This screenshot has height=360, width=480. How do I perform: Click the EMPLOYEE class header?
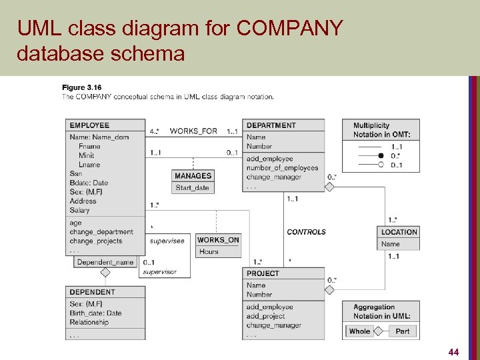pos(89,125)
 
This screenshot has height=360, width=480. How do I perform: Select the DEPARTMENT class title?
pos(271,125)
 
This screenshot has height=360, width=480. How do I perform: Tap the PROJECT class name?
pos(263,273)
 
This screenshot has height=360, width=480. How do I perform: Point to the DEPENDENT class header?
pos(92,292)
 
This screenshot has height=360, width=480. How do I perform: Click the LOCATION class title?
pos(399,232)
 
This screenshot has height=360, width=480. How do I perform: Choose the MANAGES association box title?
pos(193,176)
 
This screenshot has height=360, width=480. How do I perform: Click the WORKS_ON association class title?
pos(218,240)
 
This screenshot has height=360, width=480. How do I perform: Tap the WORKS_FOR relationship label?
pos(193,131)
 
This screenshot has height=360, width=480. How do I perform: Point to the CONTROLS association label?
pos(306,232)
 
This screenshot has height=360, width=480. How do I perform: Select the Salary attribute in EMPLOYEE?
pos(79,211)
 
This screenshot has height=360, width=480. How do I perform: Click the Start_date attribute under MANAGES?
pos(193,188)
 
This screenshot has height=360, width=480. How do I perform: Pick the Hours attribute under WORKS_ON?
pos(209,252)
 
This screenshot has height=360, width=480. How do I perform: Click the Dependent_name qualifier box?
pos(105,262)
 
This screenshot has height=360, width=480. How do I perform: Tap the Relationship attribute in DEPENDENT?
pos(89,323)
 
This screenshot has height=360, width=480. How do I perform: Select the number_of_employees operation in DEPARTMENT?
pos(282,168)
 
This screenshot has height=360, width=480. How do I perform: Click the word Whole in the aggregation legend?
pos(359,331)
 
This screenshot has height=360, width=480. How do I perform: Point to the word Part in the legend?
pos(403,331)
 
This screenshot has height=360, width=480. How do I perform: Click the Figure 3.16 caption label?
pos(81,87)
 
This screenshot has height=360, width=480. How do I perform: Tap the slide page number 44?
pos(454,351)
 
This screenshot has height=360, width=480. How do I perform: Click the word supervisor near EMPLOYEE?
pos(159,272)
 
